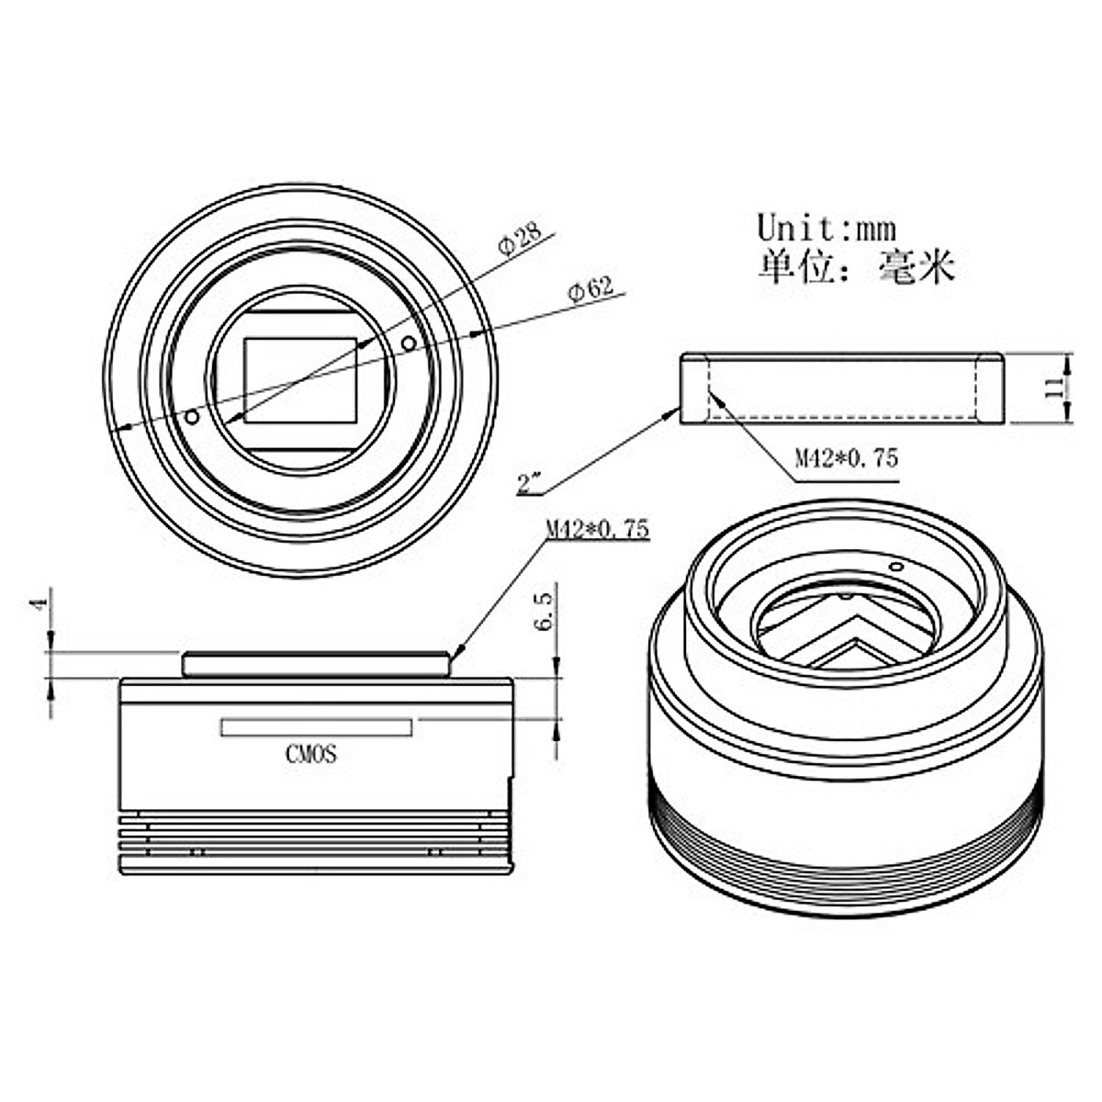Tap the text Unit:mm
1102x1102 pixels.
[x=826, y=228]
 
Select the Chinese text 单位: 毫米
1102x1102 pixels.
[x=856, y=266]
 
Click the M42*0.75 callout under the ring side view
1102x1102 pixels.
[x=847, y=458]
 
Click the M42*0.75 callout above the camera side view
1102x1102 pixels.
[x=598, y=528]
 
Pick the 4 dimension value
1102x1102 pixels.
[x=40, y=603]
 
